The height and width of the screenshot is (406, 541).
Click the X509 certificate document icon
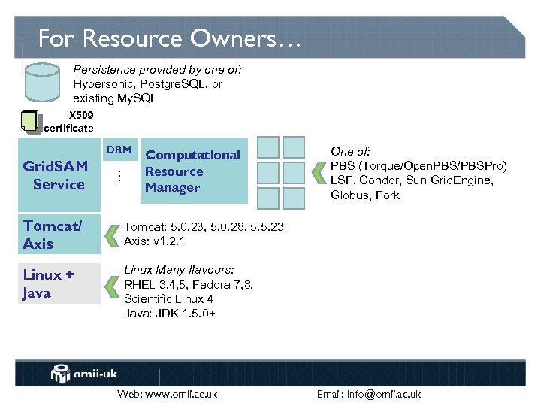(x=30, y=121)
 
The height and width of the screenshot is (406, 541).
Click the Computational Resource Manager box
(x=193, y=171)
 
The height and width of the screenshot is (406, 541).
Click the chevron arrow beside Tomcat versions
(x=112, y=234)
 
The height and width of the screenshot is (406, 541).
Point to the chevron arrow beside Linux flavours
(x=112, y=284)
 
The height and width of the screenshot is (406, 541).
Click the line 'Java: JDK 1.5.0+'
(x=170, y=313)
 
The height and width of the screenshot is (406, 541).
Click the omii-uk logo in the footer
(x=82, y=374)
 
